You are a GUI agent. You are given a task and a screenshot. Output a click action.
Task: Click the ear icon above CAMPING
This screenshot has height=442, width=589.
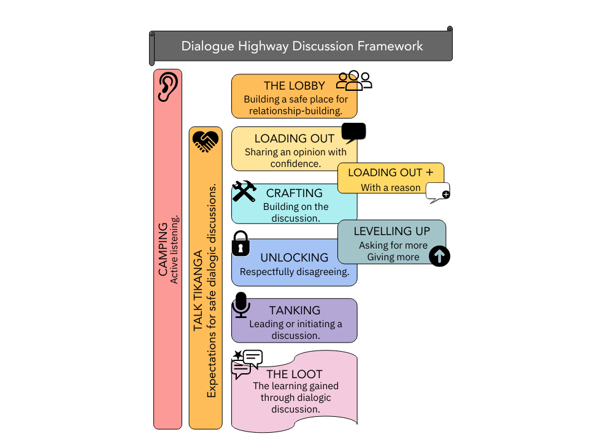[x=167, y=87]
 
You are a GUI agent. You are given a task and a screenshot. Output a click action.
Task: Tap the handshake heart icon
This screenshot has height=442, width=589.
[x=206, y=141]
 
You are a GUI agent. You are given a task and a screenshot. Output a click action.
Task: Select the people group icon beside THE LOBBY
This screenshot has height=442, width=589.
[x=355, y=80]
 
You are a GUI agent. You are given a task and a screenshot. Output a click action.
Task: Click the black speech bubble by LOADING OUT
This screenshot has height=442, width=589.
[x=353, y=133]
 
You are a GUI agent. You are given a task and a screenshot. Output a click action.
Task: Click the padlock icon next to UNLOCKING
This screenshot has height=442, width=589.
[x=241, y=243]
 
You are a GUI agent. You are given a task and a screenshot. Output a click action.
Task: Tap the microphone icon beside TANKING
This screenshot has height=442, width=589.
[x=241, y=305]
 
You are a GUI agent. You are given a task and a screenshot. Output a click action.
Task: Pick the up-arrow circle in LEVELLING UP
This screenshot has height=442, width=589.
[x=439, y=255]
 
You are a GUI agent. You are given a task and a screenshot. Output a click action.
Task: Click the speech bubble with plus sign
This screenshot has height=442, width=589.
[x=438, y=193]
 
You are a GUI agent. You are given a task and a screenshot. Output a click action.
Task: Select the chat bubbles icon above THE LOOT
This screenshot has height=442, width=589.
[x=246, y=363]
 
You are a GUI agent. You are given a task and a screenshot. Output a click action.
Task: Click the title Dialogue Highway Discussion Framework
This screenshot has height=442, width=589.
[x=302, y=46]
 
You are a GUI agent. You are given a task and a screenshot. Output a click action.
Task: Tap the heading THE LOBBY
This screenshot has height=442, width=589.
[x=294, y=86]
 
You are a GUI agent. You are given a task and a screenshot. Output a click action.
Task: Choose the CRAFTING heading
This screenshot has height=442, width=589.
[x=294, y=193]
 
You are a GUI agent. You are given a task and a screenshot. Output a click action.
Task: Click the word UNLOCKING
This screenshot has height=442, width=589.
[x=294, y=258]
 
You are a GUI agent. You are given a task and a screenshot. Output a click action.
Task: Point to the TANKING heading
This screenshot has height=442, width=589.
[x=294, y=311]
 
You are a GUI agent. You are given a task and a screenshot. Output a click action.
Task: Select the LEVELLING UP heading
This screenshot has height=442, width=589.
[x=392, y=231]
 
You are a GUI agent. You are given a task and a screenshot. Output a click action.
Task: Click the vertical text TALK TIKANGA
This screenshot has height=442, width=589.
[x=198, y=291]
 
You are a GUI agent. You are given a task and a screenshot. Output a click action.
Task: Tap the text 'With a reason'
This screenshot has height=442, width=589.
[x=391, y=187]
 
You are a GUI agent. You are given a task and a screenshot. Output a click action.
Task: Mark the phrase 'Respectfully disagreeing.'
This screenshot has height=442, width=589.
[x=294, y=272]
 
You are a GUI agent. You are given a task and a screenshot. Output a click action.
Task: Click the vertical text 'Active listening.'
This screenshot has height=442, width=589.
[x=174, y=249]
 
